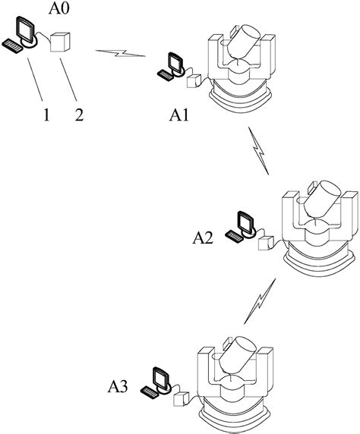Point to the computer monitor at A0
pyautogui.click(x=27, y=32)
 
